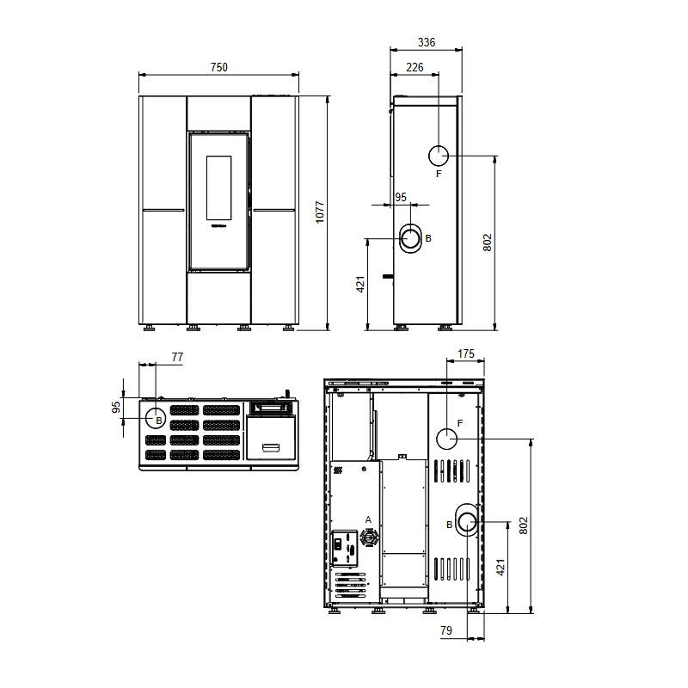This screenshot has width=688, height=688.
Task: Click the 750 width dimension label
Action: [x=219, y=67]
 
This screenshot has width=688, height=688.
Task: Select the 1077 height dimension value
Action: [x=320, y=212]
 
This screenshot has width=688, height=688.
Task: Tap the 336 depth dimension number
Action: [x=426, y=42]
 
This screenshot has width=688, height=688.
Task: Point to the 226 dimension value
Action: [x=415, y=67]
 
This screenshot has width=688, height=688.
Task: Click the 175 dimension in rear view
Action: [x=466, y=353]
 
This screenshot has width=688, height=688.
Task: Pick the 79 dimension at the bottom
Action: [x=445, y=630]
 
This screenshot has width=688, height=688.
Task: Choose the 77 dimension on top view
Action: [x=177, y=357]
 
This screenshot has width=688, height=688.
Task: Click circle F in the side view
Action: [x=439, y=156]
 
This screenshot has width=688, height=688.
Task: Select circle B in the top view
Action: [x=156, y=418]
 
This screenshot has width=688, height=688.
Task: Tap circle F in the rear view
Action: [x=446, y=439]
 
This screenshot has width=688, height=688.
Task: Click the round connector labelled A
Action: [x=369, y=537]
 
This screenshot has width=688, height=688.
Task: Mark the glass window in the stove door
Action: [x=219, y=187]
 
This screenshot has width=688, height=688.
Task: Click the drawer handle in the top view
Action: [x=271, y=447]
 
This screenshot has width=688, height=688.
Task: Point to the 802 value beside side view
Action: [x=487, y=243]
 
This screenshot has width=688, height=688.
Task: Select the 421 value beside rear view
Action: [x=501, y=567]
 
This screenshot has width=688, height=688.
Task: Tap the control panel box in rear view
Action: [x=345, y=548]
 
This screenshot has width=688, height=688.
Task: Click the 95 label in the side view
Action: [x=401, y=197]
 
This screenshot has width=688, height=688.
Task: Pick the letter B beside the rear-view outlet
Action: [x=449, y=525]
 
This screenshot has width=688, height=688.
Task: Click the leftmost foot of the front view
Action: [x=149, y=328]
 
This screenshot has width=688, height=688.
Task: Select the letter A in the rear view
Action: [x=368, y=519]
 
